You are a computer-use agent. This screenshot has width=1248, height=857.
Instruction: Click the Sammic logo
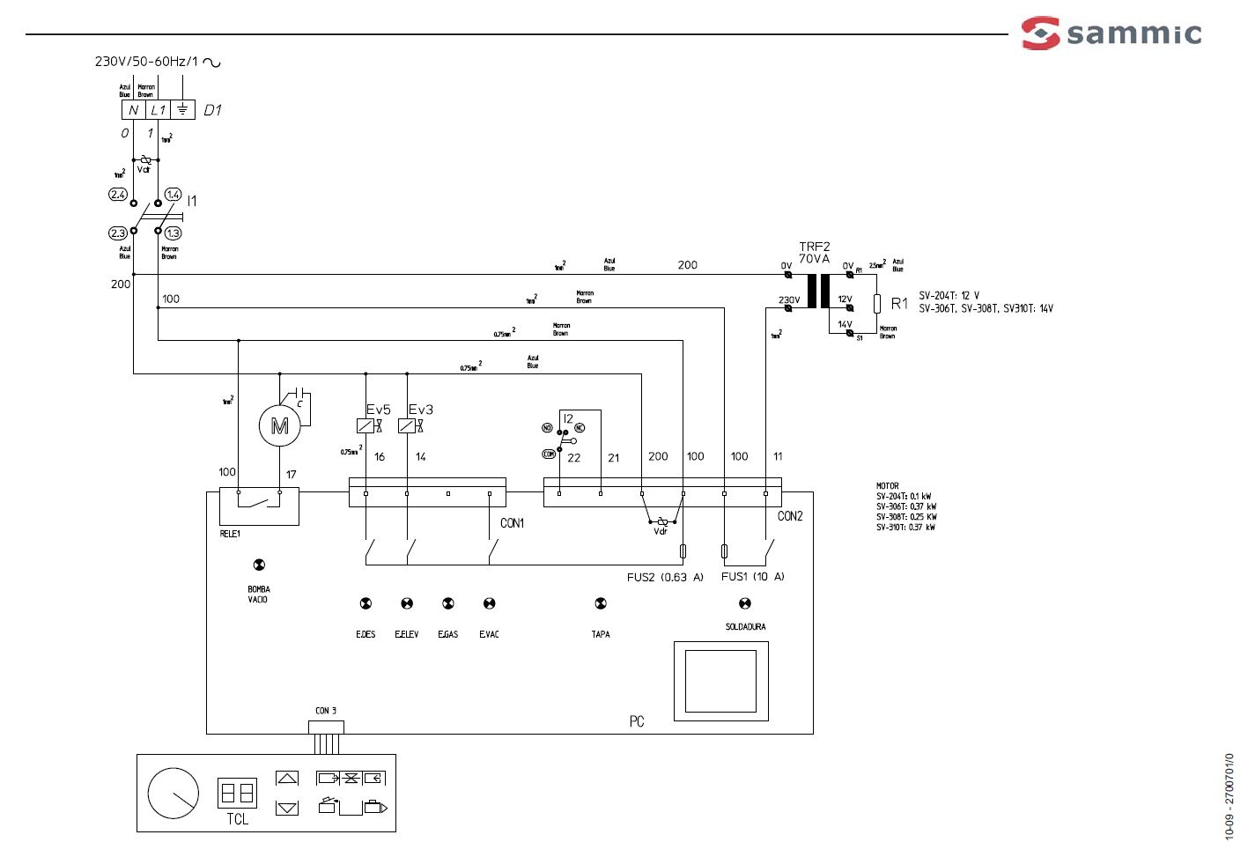[x=1111, y=33]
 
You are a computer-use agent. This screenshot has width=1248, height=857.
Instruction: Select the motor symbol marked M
[x=279, y=426]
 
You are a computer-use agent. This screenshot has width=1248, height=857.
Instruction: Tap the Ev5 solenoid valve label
[x=379, y=410]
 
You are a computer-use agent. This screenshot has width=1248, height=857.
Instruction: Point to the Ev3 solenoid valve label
[x=421, y=410]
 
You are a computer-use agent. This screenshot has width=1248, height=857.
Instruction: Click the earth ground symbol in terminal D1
[x=182, y=109]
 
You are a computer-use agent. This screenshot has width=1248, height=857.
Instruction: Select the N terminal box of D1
[x=133, y=109]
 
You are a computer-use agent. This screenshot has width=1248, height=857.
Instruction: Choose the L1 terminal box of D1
[x=158, y=109]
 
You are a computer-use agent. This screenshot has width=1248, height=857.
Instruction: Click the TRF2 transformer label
[x=815, y=247]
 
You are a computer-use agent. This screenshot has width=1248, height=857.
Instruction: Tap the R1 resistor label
[x=899, y=304]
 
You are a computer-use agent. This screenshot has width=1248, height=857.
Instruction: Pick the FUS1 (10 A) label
[x=752, y=576]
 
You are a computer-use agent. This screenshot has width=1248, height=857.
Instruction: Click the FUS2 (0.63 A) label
[x=665, y=577]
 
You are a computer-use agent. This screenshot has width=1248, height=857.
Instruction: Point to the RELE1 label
[x=230, y=534]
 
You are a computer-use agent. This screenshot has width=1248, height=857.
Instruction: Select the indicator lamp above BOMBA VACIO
[x=259, y=565]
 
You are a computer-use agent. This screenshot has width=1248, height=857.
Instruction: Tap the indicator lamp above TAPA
[x=601, y=603]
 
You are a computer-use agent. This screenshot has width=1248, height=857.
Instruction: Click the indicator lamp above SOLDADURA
[x=745, y=603]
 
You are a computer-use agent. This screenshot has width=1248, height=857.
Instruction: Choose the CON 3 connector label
[x=326, y=711]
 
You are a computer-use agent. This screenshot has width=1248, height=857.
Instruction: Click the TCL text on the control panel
[x=238, y=819]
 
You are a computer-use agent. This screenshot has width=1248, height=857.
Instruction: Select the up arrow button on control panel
[x=287, y=778]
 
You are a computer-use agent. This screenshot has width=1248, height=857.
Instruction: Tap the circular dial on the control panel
[x=174, y=794]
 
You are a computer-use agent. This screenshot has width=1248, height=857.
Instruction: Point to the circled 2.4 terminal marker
[x=118, y=195]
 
